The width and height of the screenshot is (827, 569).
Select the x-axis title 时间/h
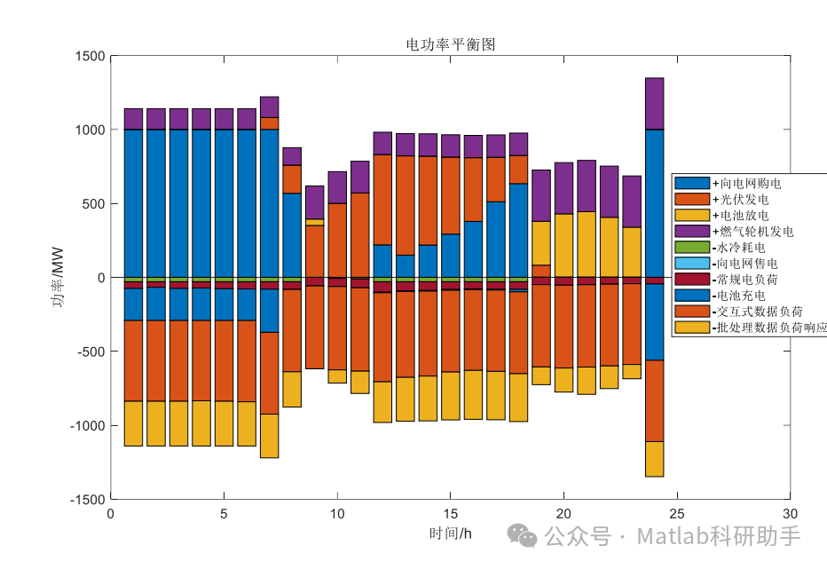[x=450, y=533]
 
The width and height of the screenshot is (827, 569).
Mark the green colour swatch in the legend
[x=691, y=247]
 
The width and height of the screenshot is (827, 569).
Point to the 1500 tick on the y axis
[x=89, y=56]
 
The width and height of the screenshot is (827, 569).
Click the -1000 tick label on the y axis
[x=86, y=426]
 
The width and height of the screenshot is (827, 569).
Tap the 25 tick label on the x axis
[x=677, y=514]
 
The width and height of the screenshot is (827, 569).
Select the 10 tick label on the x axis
[x=337, y=514]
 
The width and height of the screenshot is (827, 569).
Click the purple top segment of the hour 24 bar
[x=654, y=103]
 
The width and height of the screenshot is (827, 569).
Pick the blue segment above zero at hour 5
[x=224, y=203]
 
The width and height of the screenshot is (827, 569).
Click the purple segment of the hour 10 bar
[x=337, y=187]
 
